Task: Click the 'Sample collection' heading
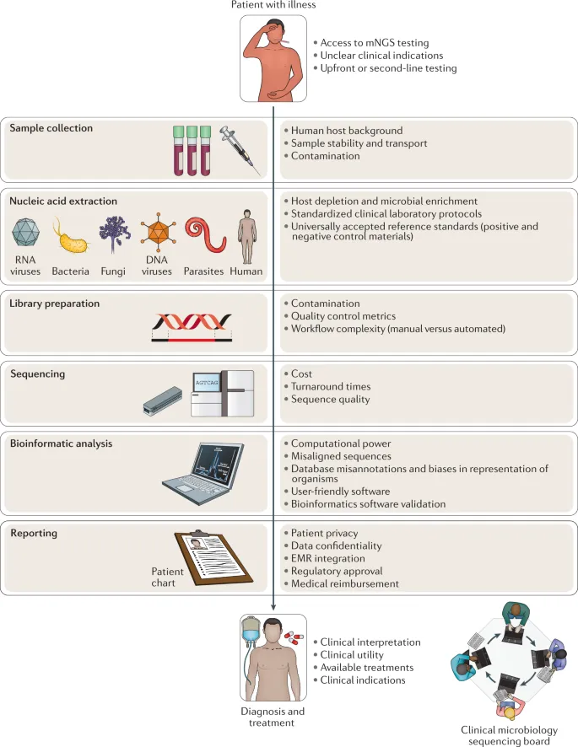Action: [51, 128]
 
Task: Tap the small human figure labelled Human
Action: [246, 237]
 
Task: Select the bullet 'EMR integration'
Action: [328, 558]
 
